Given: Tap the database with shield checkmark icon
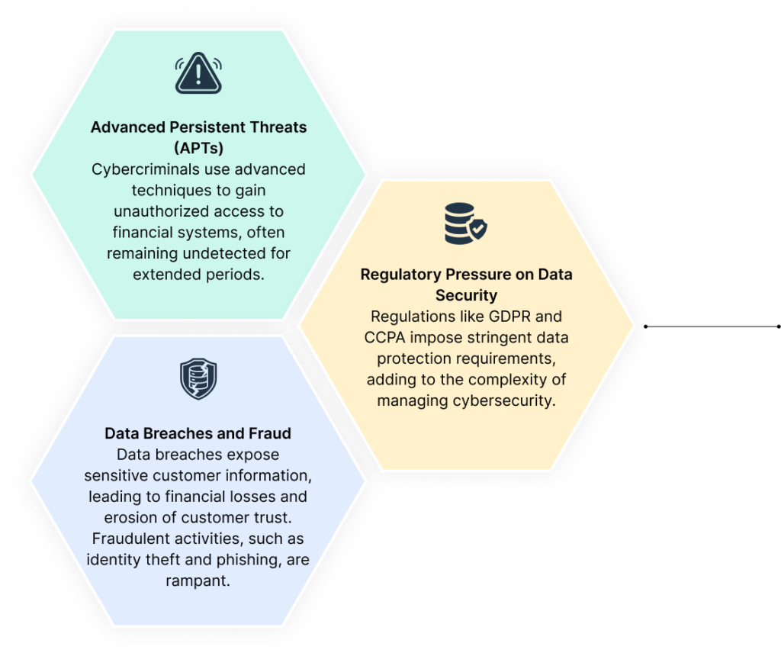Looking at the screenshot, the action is (466, 223).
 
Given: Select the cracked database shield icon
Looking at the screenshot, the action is (198, 378).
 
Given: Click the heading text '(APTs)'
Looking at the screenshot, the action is (199, 148).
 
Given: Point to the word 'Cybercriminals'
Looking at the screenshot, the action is (146, 169).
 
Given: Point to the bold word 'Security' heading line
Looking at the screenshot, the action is (466, 295).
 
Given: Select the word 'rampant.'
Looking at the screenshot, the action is (198, 580).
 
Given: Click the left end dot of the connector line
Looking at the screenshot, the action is (645, 326).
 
